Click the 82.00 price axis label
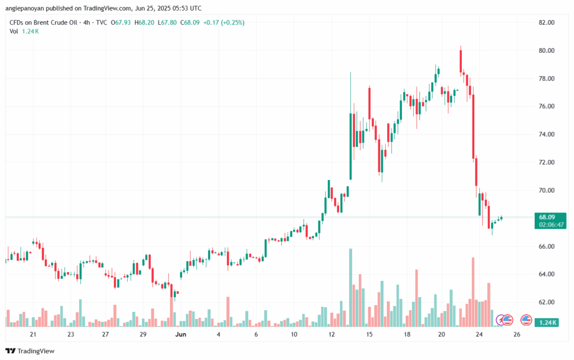click(x=547, y=22)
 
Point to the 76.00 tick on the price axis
click(x=547, y=107)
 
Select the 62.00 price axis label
click(x=547, y=302)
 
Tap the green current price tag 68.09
click(x=547, y=217)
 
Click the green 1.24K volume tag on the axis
click(x=547, y=322)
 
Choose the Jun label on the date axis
click(x=180, y=335)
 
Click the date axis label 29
click(x=143, y=335)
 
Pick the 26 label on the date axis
click(x=517, y=335)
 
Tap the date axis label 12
click(x=332, y=335)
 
